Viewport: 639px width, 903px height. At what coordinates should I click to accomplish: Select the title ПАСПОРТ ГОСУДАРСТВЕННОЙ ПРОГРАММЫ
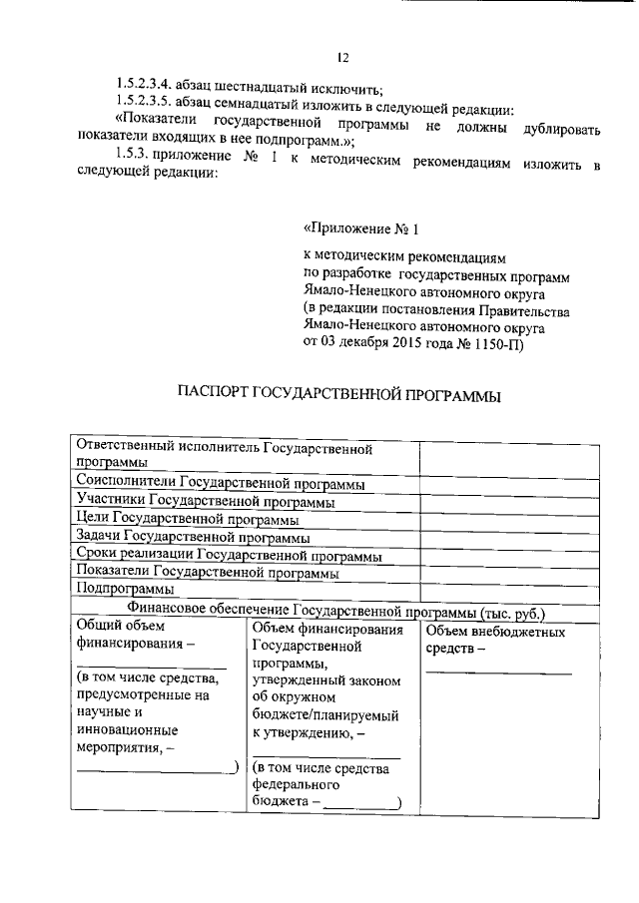pos(338,396)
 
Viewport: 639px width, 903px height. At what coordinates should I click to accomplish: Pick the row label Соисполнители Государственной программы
pos(220,483)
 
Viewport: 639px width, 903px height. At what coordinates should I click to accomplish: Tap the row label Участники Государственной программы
pos(205,501)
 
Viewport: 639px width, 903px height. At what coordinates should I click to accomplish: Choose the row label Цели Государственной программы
pos(187,519)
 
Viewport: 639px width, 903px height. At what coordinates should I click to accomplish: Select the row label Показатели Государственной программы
pos(208,573)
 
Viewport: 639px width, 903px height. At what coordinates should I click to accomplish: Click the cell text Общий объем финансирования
pos(135,636)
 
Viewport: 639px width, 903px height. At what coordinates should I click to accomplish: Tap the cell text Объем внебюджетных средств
pos(495,640)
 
